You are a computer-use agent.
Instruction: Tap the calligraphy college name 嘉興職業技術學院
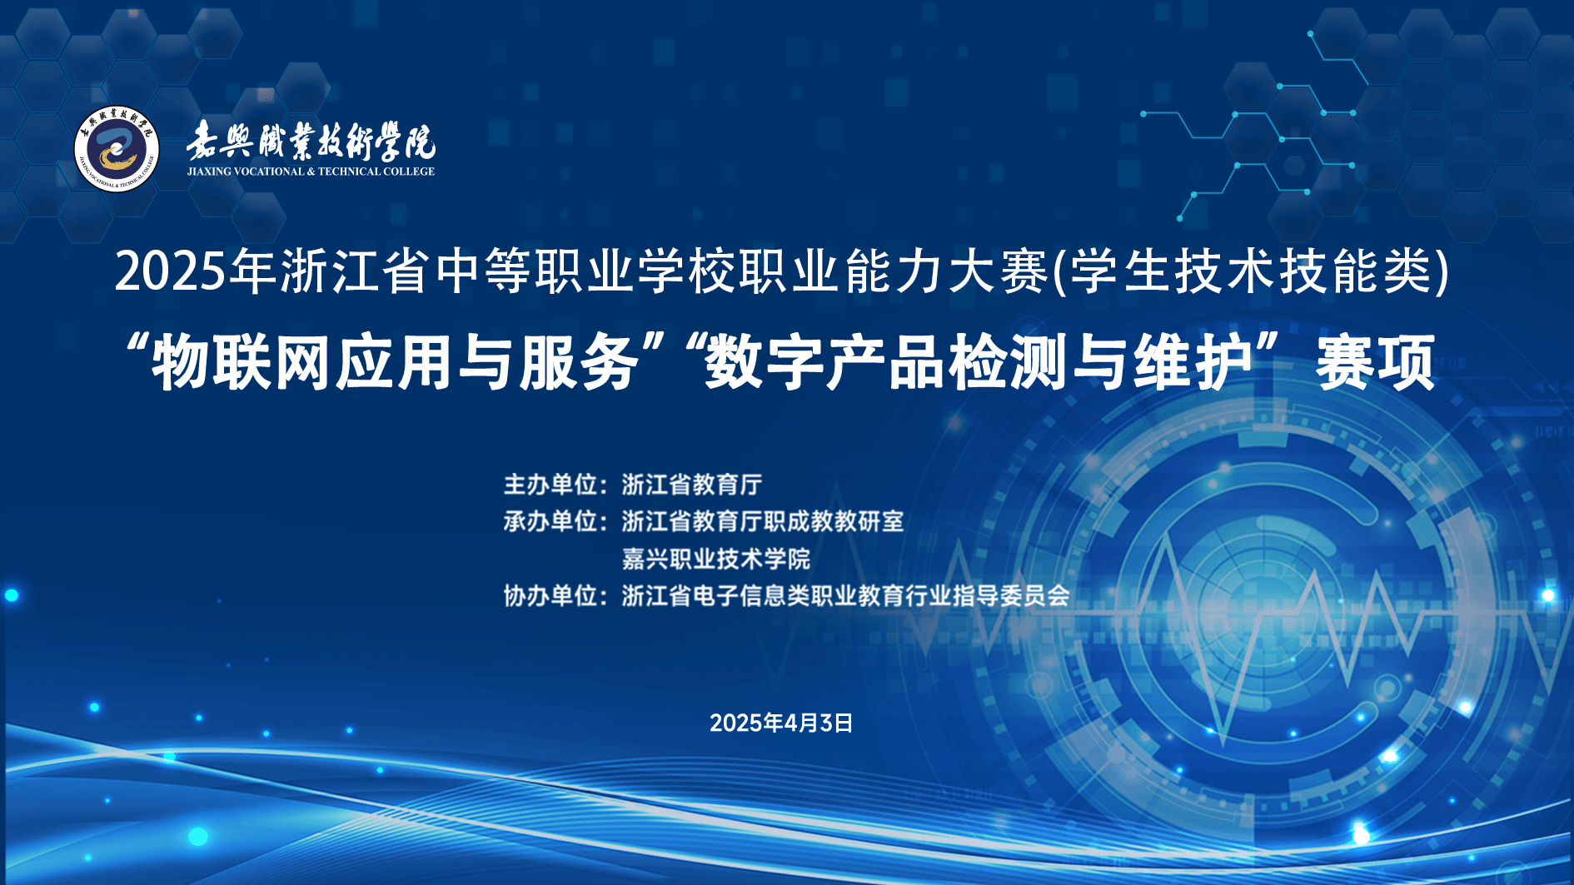[x=311, y=141]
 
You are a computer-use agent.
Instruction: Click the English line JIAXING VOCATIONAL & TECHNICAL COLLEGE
[x=311, y=172]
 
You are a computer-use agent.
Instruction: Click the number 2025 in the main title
[x=170, y=271]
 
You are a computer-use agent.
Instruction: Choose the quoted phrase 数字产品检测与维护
[x=979, y=362]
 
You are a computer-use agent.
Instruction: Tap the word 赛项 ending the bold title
[x=1376, y=362]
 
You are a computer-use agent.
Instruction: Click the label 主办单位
[x=550, y=485]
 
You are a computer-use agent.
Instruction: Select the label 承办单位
[x=550, y=521]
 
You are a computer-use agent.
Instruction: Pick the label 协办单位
[x=550, y=595]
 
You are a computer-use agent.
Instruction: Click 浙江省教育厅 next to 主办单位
[x=692, y=485]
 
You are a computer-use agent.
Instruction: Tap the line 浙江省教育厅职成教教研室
[x=763, y=521]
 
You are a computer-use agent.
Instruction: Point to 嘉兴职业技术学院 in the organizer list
[x=716, y=559]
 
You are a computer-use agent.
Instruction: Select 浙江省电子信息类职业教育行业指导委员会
[x=845, y=595]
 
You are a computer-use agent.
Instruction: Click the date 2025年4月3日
[x=781, y=723]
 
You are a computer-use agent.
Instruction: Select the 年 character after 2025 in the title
[x=253, y=271]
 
